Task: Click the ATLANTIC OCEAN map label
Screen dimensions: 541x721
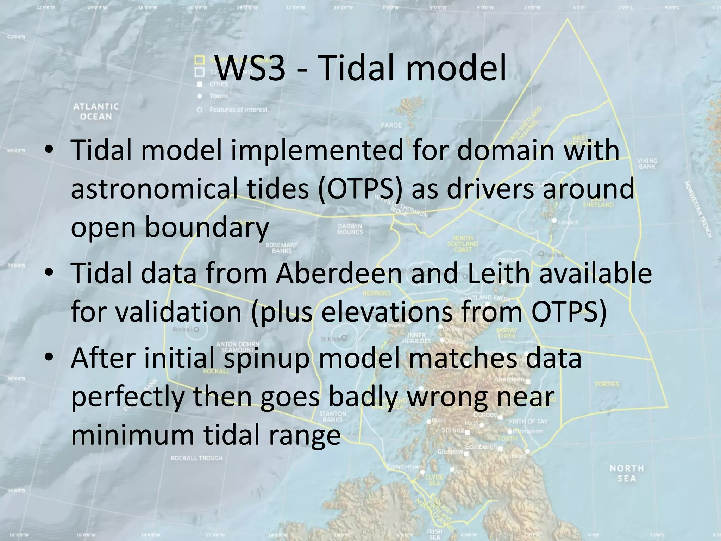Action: [96, 111]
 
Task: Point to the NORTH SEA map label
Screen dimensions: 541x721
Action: [627, 473]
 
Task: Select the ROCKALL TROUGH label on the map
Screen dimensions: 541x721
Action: [196, 458]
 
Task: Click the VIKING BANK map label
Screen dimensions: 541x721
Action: [647, 163]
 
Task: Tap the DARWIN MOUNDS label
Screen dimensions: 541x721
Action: [350, 229]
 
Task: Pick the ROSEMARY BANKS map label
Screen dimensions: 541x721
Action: [281, 248]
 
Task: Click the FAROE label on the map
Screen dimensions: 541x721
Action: [391, 125]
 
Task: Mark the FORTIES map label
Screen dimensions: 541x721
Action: [607, 384]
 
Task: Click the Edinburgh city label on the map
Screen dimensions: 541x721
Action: [481, 447]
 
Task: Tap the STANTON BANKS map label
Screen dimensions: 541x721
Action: [332, 416]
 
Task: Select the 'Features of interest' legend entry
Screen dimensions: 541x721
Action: [238, 110]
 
